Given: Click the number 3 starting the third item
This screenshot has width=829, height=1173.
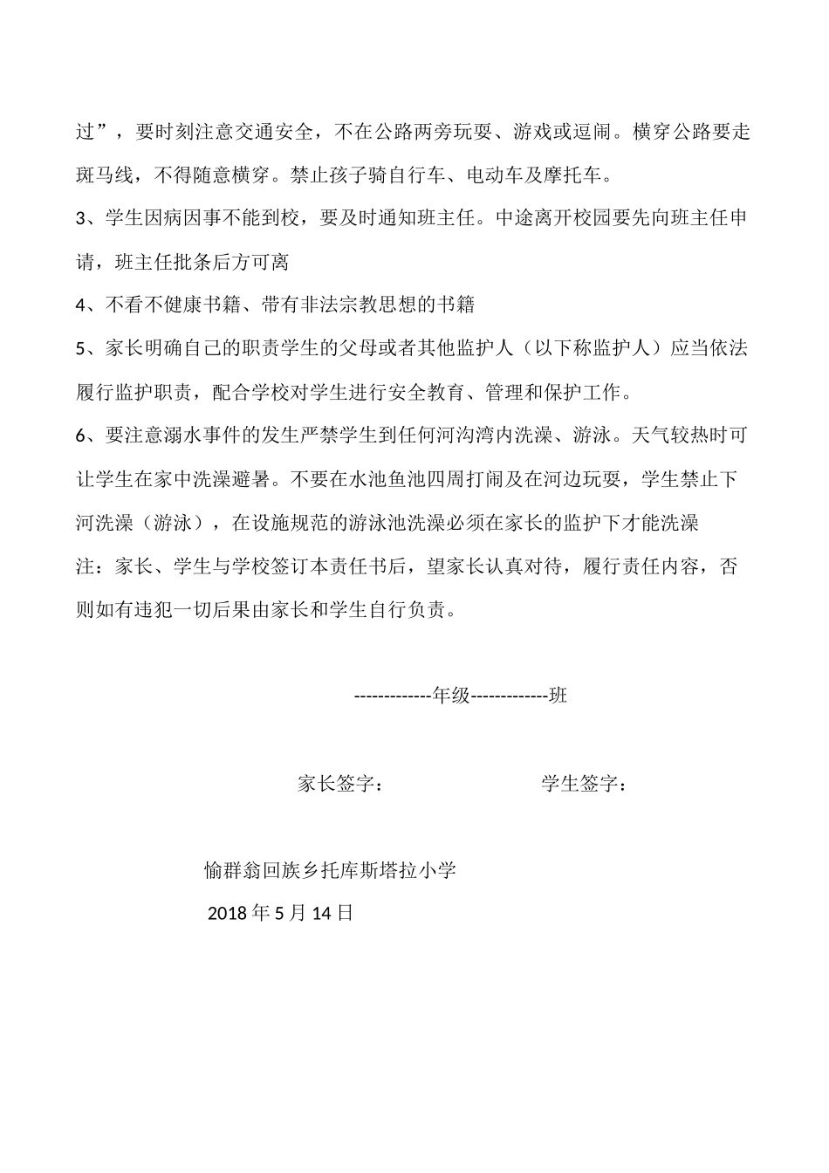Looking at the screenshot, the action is pos(81,218).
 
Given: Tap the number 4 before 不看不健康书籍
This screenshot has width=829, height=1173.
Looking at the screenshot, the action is pos(81,305).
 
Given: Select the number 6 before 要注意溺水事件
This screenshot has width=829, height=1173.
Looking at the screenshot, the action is pos(81,435).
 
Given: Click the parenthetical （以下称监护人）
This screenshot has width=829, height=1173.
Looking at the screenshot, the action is pos(597,348).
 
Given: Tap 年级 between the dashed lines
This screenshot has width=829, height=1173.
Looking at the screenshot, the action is pos(452,696).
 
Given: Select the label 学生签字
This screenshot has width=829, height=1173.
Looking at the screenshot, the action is pos(583,784).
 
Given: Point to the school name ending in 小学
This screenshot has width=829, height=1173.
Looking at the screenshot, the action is pos(330,870).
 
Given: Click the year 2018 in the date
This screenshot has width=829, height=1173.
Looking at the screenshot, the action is pos(227,914).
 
